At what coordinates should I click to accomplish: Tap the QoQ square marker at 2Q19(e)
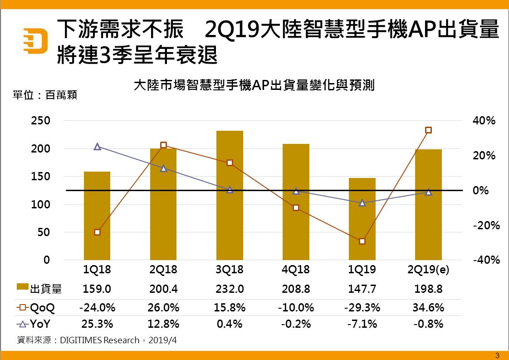[428, 130]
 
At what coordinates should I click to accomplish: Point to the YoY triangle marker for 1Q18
[97, 147]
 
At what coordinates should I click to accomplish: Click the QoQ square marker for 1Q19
[362, 241]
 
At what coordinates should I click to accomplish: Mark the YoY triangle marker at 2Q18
[164, 168]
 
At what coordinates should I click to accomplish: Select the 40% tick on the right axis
[484, 121]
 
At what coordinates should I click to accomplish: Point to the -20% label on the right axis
[486, 226]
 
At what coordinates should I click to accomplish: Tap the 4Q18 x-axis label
[296, 270]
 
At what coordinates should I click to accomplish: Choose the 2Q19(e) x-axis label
[428, 270]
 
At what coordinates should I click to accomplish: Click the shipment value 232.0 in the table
[230, 289]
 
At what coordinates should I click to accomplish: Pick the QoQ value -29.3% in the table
[362, 308]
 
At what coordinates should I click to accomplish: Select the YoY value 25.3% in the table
[97, 325]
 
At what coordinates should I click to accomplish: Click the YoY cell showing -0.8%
[428, 325]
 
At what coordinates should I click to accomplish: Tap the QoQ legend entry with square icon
[36, 308]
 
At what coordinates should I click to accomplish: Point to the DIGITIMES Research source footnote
[96, 340]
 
